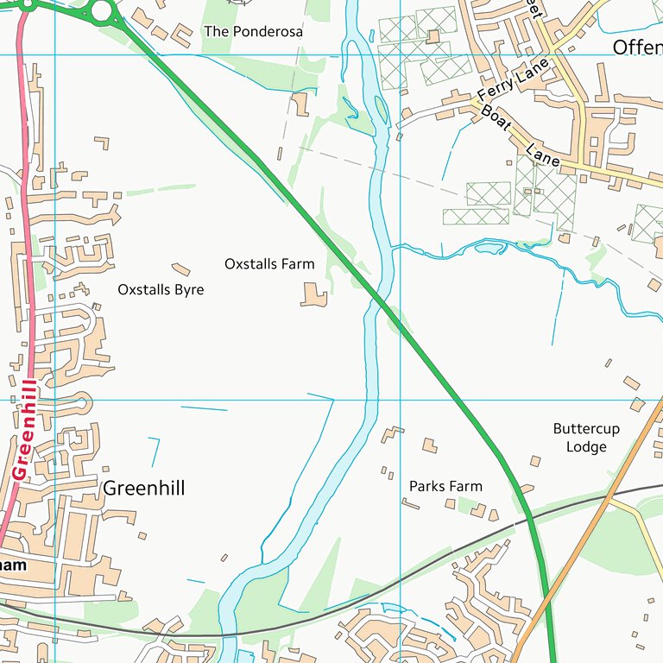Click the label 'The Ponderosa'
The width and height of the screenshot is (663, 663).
coord(253,31)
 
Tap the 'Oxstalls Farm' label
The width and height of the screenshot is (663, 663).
coord(269,263)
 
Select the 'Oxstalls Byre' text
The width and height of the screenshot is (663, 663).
coord(161,289)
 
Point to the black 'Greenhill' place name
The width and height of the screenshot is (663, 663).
coord(143,489)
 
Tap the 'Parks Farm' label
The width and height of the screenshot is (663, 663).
coord(445,486)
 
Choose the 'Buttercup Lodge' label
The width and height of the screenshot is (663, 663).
coord(586,438)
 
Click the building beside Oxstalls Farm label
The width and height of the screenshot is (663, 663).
coord(313,295)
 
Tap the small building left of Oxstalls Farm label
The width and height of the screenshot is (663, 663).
coord(181,269)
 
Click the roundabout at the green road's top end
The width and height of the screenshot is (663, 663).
coord(103,11)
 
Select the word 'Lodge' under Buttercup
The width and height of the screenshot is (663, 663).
coord(586,446)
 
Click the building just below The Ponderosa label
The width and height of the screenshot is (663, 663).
coord(300,104)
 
